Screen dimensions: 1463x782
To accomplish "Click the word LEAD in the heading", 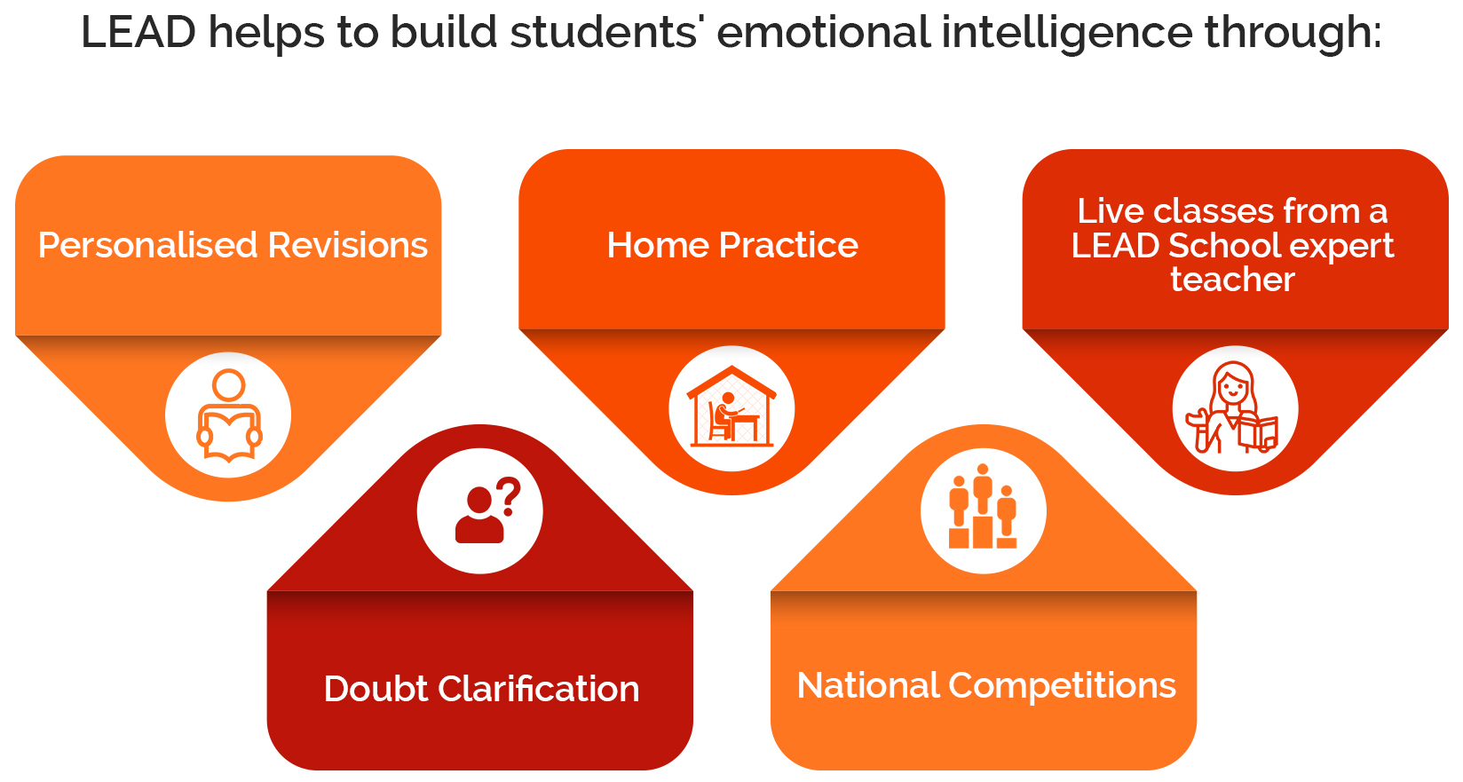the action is coord(138,32).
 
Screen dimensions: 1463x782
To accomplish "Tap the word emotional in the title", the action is coord(822,32).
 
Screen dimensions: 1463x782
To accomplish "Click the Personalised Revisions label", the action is coord(233,245).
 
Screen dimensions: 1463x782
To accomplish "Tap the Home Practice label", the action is coord(732,245).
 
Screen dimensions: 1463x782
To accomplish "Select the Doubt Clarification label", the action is coord(481,689).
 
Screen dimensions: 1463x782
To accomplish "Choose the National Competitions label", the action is coord(986,685).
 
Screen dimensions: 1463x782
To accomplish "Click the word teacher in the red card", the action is coord(1232,279).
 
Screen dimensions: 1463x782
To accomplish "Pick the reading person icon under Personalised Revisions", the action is coord(229,416).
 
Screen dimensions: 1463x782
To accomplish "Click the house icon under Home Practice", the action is coord(731,407).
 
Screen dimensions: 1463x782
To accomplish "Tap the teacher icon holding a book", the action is coord(1233,407).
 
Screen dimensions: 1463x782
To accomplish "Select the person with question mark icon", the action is coord(487,510).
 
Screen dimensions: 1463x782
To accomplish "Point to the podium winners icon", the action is coord(983,506).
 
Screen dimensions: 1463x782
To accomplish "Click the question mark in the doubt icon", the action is coord(508,497).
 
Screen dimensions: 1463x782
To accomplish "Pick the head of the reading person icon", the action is coord(229,385).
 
